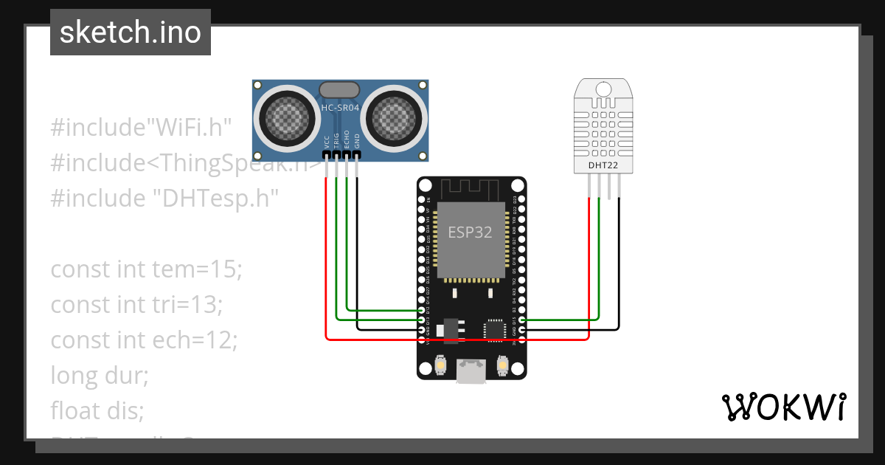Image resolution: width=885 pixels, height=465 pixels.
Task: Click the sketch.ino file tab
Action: pyautogui.click(x=131, y=32)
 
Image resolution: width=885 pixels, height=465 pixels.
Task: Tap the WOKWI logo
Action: pyautogui.click(x=782, y=407)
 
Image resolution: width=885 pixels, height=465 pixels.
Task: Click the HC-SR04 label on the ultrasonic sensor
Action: pyautogui.click(x=340, y=108)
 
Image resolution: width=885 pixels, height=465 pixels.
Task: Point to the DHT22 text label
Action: pyautogui.click(x=603, y=165)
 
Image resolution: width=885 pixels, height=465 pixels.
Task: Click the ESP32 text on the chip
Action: pyautogui.click(x=470, y=232)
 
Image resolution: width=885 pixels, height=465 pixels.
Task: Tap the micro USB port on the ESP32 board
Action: pyautogui.click(x=471, y=371)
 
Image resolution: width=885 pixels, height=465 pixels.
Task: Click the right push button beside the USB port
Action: pyautogui.click(x=503, y=365)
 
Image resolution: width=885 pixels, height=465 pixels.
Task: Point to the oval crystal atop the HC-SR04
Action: pyautogui.click(x=339, y=90)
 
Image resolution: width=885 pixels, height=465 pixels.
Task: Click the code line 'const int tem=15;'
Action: pyautogui.click(x=146, y=269)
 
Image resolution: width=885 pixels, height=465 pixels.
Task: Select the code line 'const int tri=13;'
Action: pyautogui.click(x=136, y=305)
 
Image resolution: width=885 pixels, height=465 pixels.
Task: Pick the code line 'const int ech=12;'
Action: pyautogui.click(x=144, y=340)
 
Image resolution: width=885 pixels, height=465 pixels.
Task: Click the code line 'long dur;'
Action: pyautogui.click(x=100, y=376)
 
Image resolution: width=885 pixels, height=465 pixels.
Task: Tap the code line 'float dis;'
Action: pyautogui.click(x=97, y=410)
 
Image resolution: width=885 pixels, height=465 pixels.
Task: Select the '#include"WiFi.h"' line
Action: pyautogui.click(x=142, y=127)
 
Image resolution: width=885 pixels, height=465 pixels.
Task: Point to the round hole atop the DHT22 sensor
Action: pyautogui.click(x=603, y=89)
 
